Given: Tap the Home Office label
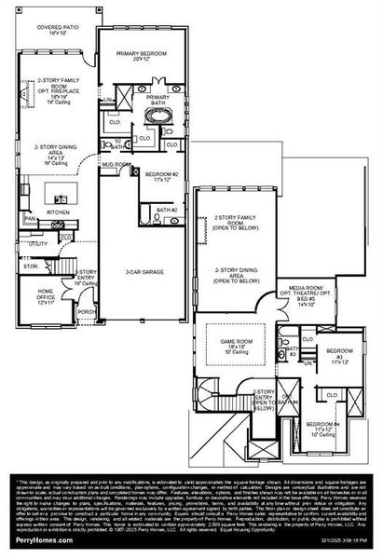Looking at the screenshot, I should point(46,295).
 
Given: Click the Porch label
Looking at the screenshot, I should point(85,311).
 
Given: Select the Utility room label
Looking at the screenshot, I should point(37,244).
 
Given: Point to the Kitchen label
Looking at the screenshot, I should point(58,212).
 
